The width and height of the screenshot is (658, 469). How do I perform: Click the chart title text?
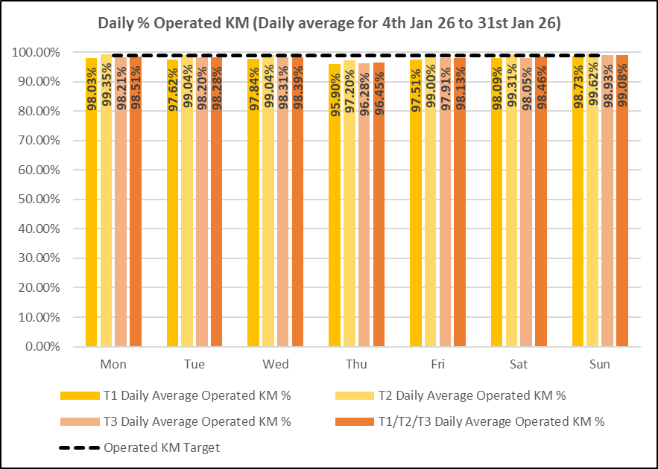[x=329, y=23]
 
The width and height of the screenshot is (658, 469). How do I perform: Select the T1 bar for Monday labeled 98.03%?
[x=91, y=223]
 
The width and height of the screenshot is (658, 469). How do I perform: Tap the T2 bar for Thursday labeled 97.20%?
[x=349, y=223]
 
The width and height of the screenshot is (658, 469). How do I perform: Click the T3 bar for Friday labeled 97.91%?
[x=445, y=223]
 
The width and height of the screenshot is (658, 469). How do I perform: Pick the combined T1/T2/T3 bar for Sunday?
[x=622, y=223]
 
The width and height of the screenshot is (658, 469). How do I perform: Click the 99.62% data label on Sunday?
[x=593, y=89]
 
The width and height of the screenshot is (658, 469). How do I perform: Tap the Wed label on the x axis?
[x=276, y=365]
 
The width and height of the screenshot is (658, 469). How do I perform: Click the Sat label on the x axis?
[x=519, y=365]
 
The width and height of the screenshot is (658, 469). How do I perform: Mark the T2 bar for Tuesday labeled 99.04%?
[x=187, y=223]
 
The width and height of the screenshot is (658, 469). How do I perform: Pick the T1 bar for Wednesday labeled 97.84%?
[x=253, y=223]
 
